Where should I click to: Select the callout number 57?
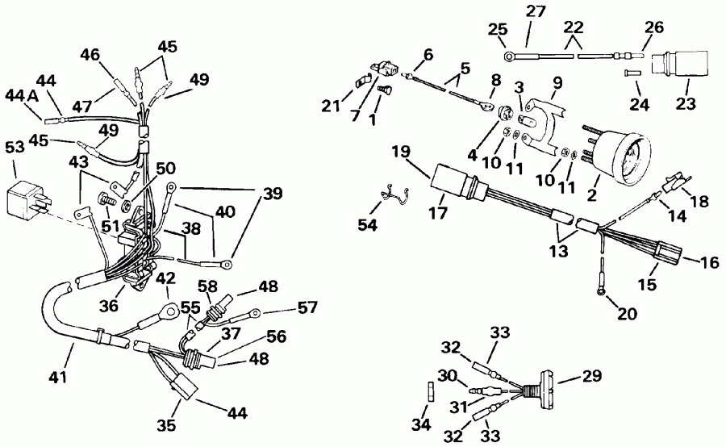coord(307,307)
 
